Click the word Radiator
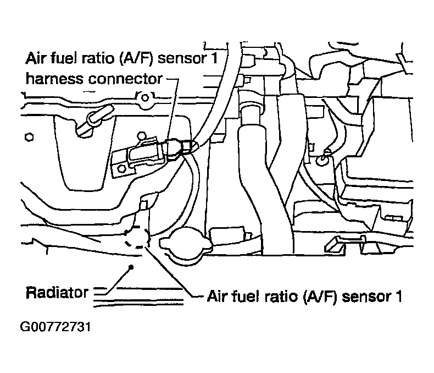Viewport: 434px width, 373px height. click(57, 292)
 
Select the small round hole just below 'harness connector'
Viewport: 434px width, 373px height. click(144, 100)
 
